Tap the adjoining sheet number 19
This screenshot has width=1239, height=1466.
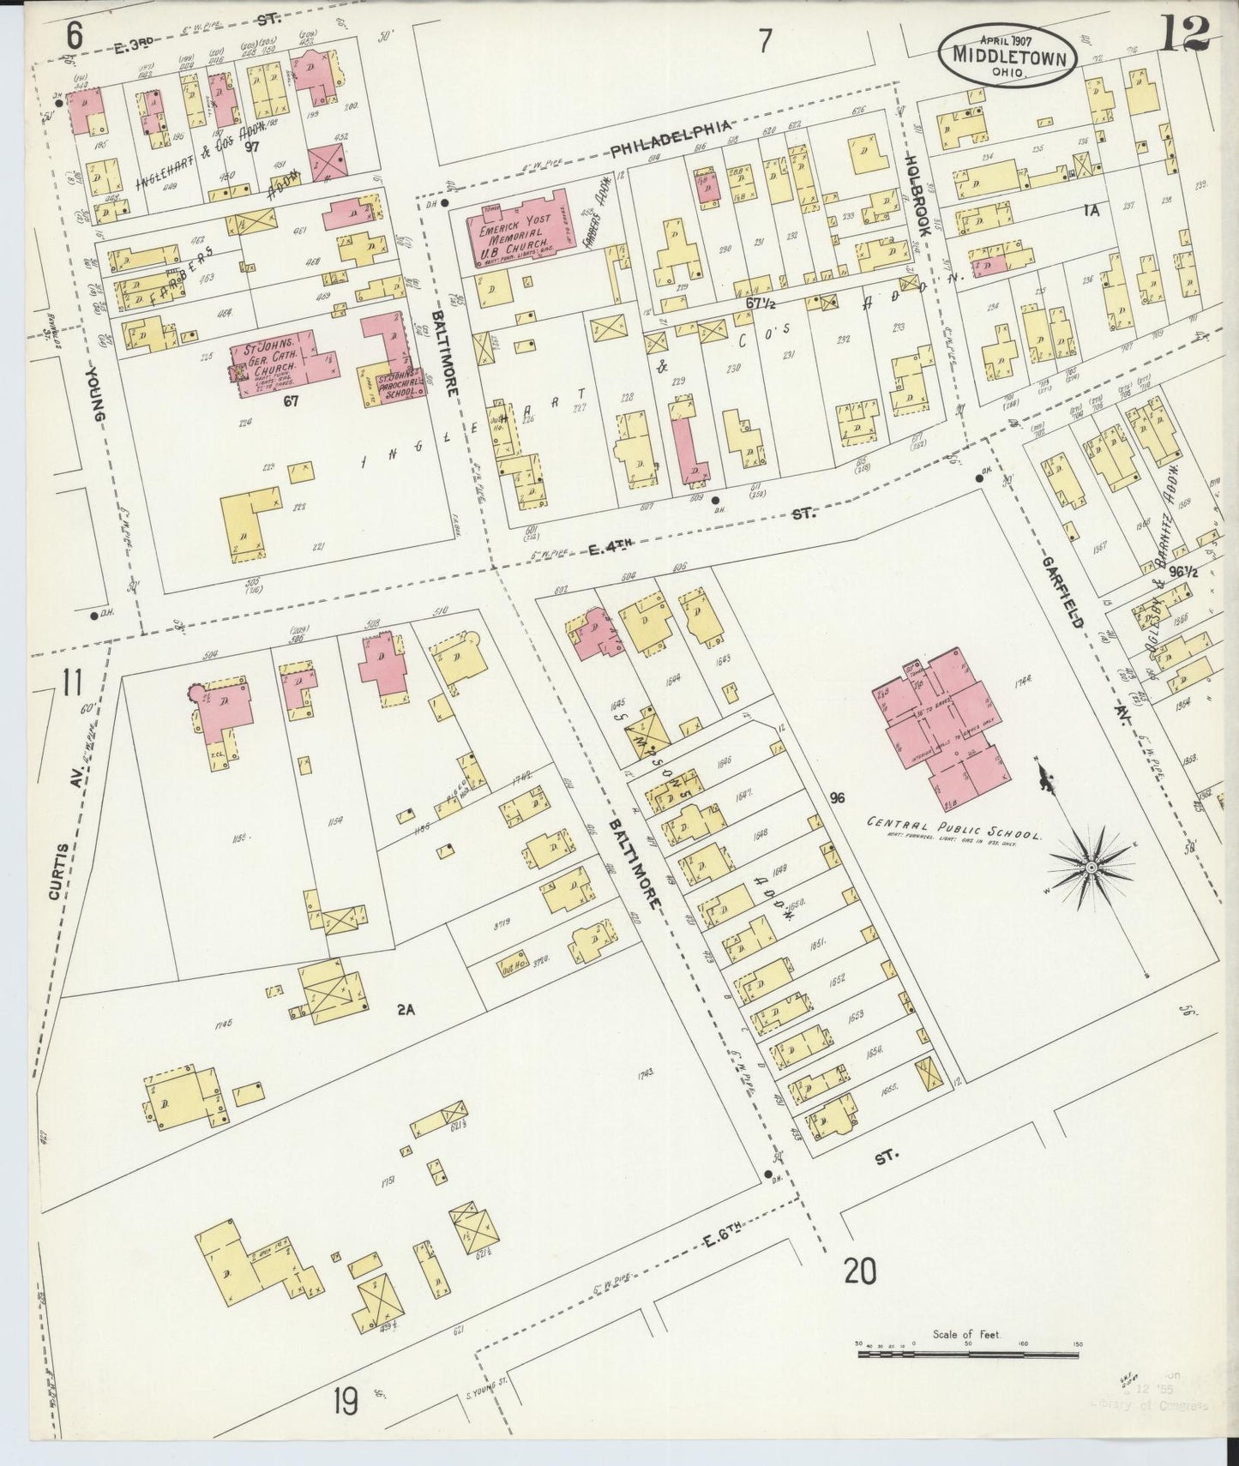[x=347, y=1403]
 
